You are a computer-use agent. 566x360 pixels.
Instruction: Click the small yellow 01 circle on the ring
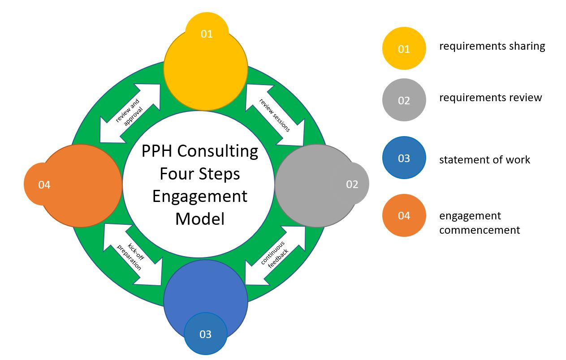pos(207,34)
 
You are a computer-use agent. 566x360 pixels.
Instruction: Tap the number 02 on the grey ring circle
pos(352,184)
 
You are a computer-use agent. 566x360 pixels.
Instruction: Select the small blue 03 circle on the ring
pos(205,334)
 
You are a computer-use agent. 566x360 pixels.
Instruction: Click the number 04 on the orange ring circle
pos(44,184)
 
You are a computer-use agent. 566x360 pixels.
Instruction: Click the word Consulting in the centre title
pos(218,151)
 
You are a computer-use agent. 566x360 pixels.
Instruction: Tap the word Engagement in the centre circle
pos(200,196)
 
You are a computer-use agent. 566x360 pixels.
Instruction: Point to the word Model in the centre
pos(200,219)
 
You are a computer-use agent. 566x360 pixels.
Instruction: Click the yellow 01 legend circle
pos(404,48)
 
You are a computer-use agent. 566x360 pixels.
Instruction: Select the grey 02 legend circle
pos(404,100)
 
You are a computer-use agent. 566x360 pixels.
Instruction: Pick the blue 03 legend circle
pos(404,158)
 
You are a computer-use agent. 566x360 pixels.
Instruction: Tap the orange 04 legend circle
pos(404,215)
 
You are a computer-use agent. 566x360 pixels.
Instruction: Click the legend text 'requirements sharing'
pos(492,46)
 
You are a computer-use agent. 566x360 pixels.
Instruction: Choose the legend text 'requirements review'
pos(490,98)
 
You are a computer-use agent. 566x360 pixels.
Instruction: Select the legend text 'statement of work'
pos(484,160)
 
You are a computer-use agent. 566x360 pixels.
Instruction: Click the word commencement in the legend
pos(480,230)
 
